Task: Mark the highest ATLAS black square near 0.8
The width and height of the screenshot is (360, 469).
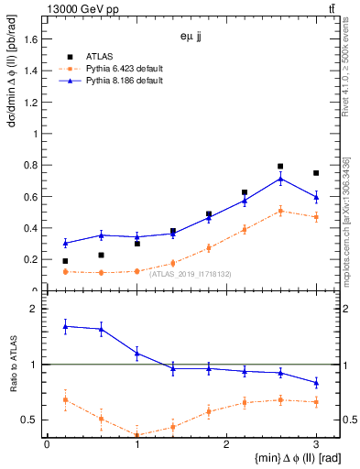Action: (280, 167)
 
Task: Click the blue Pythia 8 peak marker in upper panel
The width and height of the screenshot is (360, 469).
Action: (280, 179)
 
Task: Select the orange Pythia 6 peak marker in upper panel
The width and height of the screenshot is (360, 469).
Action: (280, 211)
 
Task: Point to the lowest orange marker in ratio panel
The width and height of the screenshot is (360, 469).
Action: (136, 435)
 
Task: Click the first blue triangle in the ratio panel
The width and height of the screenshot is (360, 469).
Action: (65, 326)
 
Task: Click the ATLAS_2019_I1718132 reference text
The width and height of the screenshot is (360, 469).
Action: (191, 274)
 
